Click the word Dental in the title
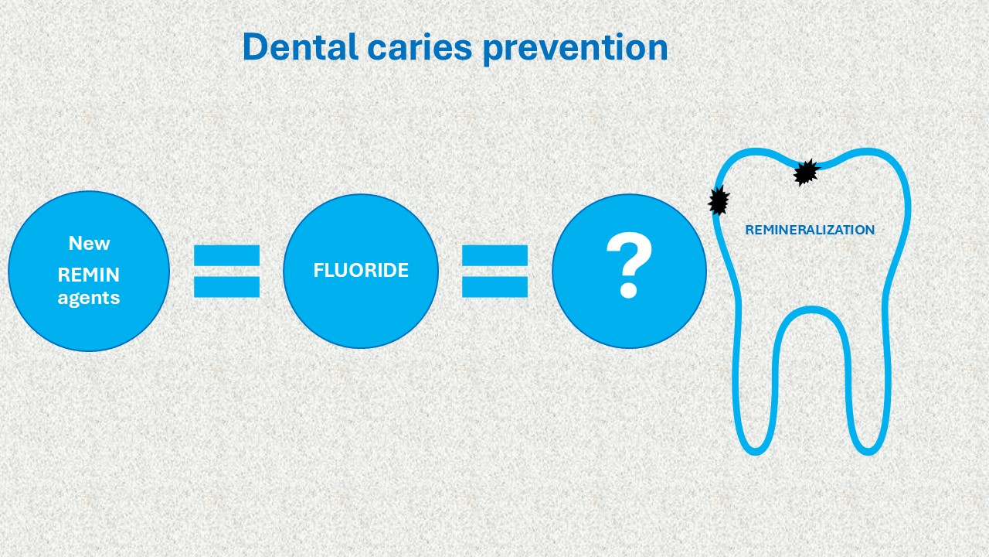301,47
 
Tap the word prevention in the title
576,49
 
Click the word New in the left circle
89,243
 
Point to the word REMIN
89,275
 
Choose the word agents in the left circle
89,298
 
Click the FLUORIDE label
361,270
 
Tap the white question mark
629,265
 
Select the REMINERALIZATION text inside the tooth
810,230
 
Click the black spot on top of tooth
806,173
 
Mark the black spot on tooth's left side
719,200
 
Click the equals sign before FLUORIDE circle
227,271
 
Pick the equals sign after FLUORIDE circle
495,271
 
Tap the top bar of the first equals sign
227,255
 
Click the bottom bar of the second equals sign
495,287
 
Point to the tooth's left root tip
756,453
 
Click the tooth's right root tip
868,453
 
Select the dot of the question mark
629,290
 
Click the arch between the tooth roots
811,309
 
